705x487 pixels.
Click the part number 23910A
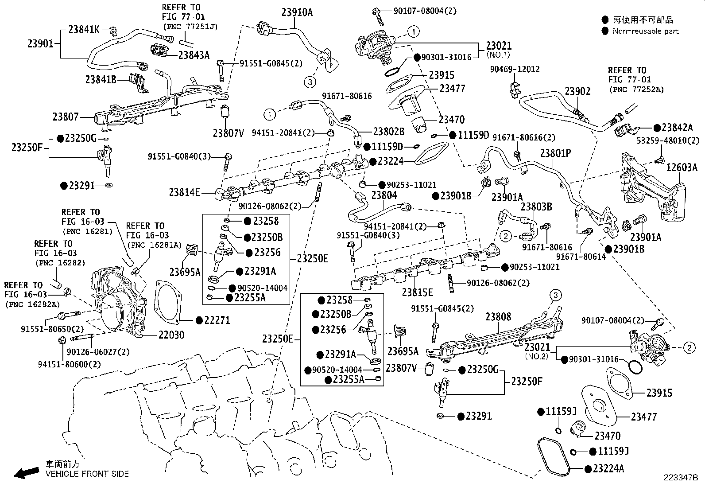297,12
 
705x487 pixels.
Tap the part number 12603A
682,167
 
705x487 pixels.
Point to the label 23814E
184,192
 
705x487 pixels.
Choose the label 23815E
417,292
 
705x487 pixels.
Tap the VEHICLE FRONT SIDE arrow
27,472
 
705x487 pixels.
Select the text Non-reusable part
645,31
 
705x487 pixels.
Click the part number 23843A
194,55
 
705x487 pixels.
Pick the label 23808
498,316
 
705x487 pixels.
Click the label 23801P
555,153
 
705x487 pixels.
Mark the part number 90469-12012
515,69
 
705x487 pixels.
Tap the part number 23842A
677,127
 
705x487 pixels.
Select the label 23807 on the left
66,117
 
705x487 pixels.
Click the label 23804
384,195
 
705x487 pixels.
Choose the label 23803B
536,206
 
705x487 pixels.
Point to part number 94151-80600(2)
69,364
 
